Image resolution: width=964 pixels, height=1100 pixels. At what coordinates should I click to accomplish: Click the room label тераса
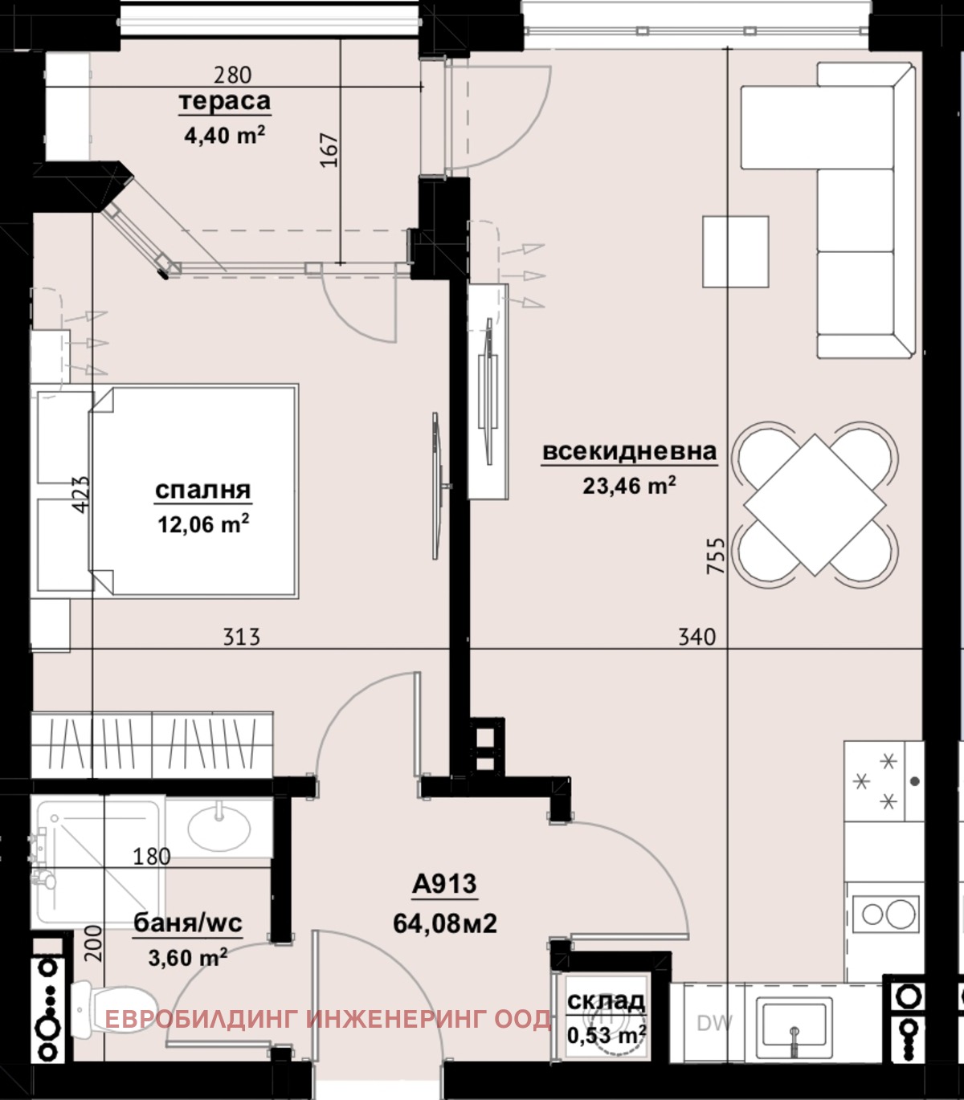click(225, 101)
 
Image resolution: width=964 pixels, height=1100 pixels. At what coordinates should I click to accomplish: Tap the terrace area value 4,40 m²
click(225, 134)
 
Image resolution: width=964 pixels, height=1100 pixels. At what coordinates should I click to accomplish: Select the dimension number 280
click(232, 75)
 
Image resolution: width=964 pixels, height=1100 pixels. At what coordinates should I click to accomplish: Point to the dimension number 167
click(330, 150)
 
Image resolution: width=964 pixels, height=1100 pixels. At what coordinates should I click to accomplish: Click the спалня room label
click(202, 490)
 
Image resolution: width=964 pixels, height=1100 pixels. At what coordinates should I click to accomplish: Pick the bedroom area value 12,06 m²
click(203, 524)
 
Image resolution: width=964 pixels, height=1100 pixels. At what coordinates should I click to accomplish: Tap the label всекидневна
click(629, 451)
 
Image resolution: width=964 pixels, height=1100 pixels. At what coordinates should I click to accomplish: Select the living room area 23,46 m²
click(629, 485)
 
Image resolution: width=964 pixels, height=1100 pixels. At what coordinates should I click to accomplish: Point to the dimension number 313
click(242, 637)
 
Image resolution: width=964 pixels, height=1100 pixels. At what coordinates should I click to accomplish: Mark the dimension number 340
click(696, 637)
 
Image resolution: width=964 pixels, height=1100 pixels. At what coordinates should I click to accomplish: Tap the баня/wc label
click(188, 923)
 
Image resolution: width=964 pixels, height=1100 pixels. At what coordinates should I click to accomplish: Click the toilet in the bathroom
click(113, 1008)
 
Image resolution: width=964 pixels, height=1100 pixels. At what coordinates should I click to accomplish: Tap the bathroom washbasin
click(219, 828)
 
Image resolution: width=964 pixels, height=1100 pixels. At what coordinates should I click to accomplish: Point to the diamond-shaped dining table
click(815, 505)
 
